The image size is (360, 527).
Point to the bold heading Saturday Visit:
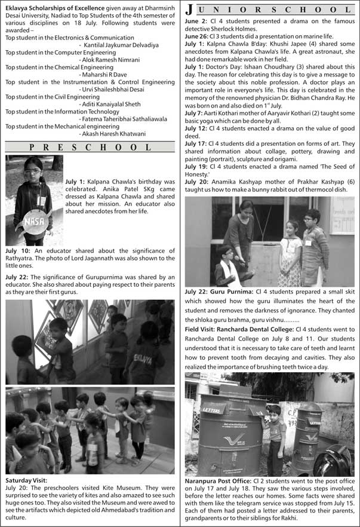pyautogui.click(x=26, y=480)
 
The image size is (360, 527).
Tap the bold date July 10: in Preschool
pyautogui.click(x=17, y=251)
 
